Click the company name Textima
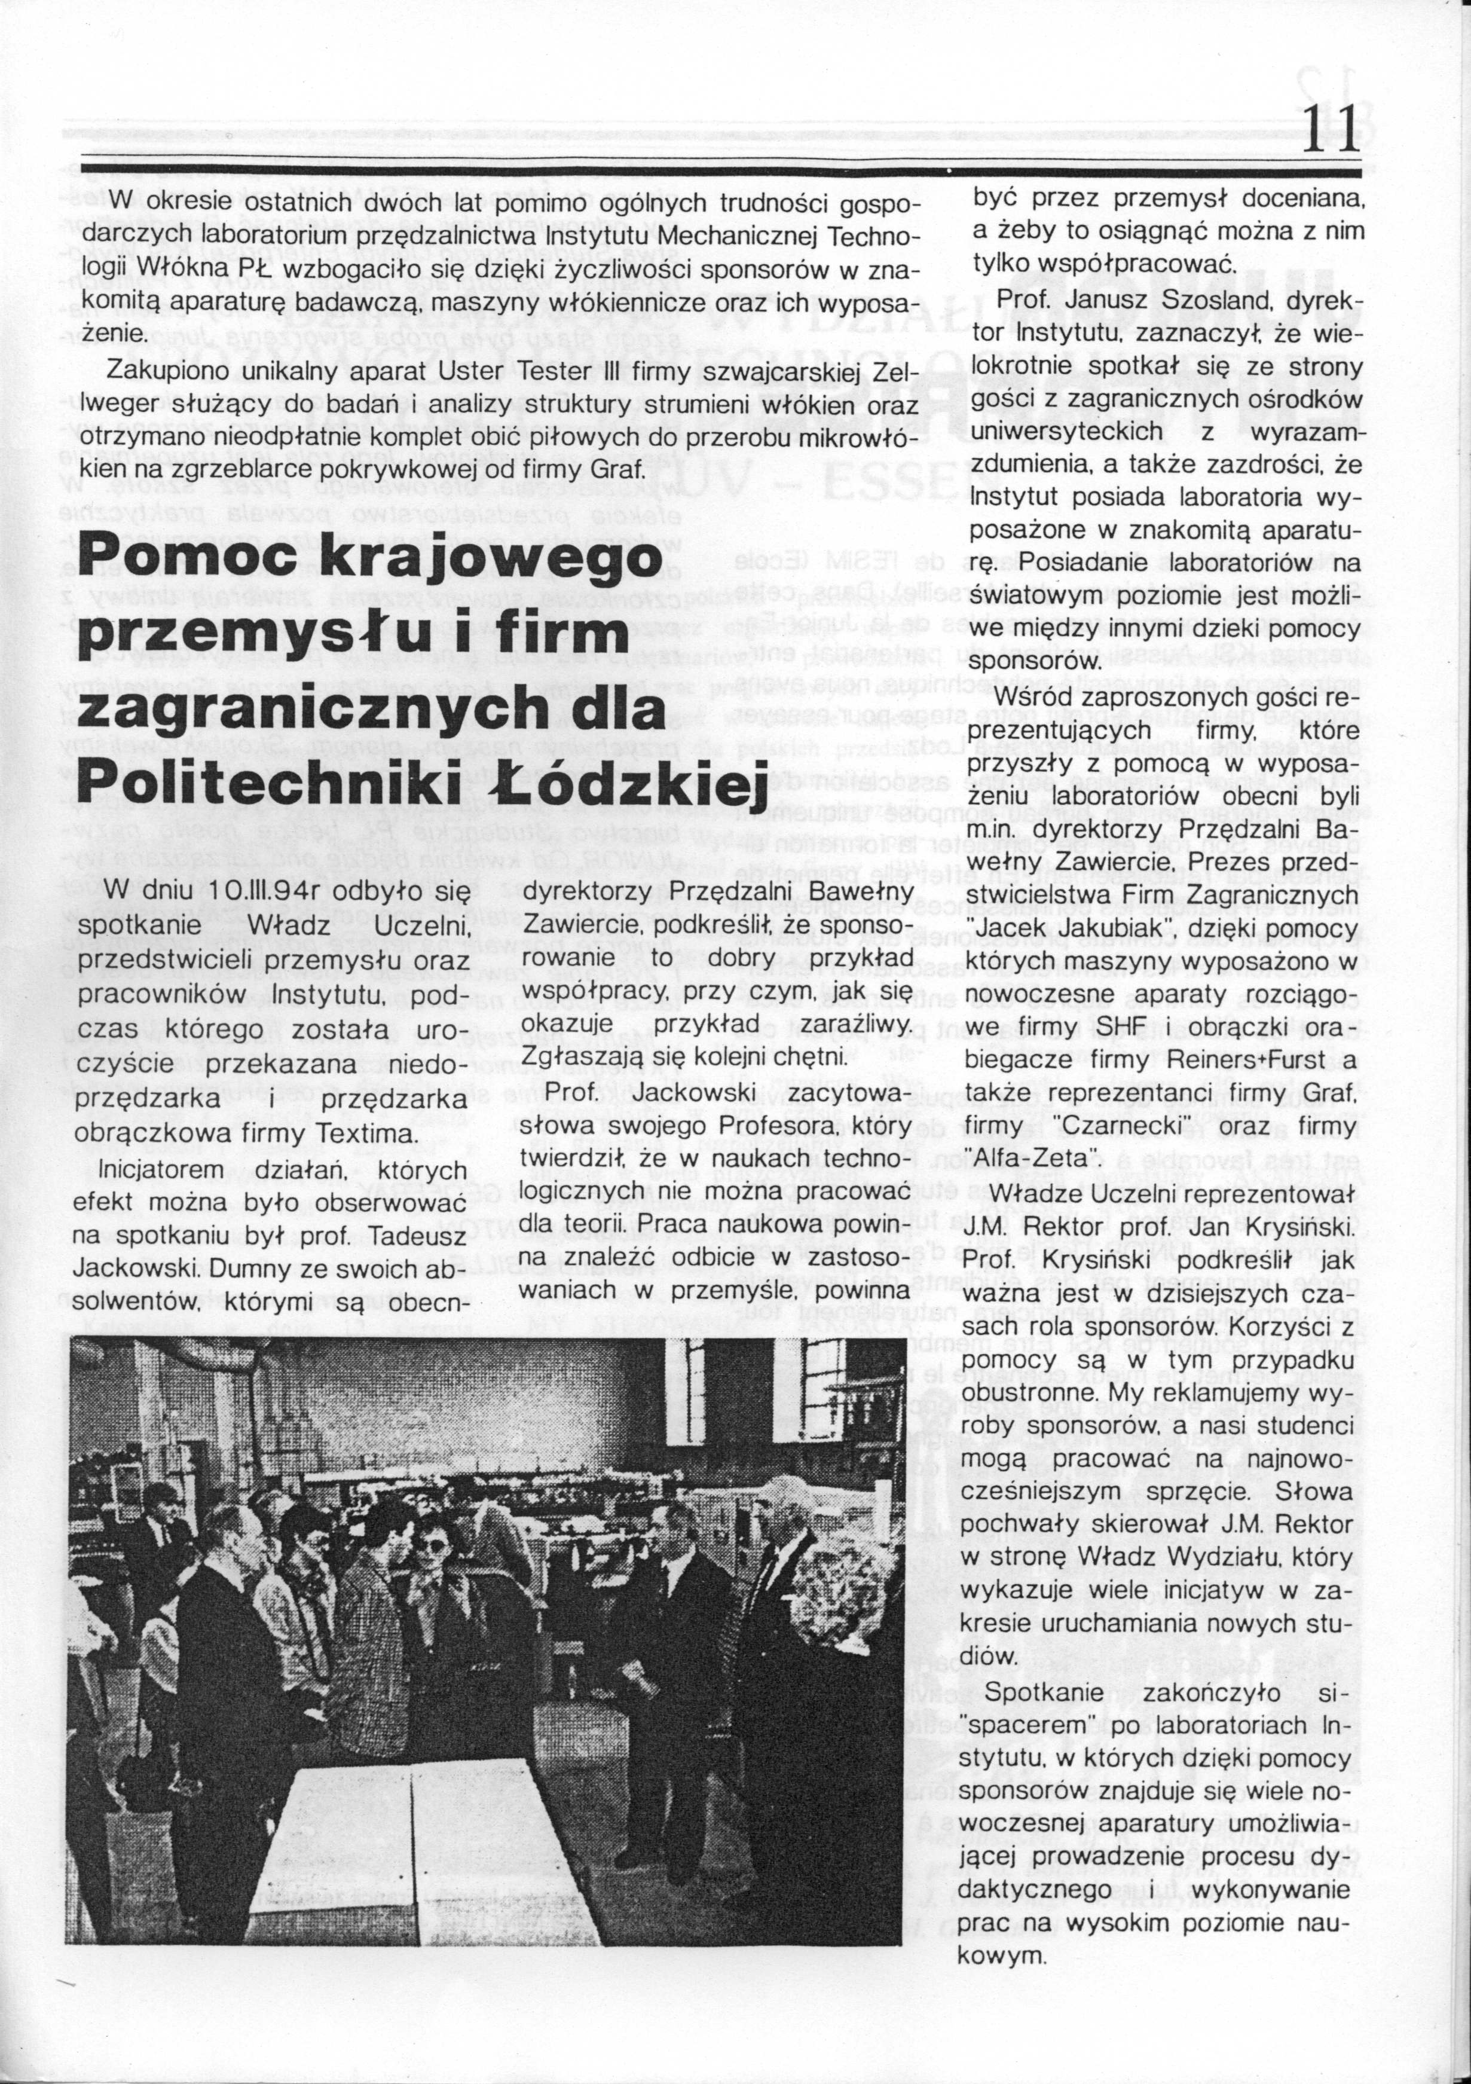(372, 1135)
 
